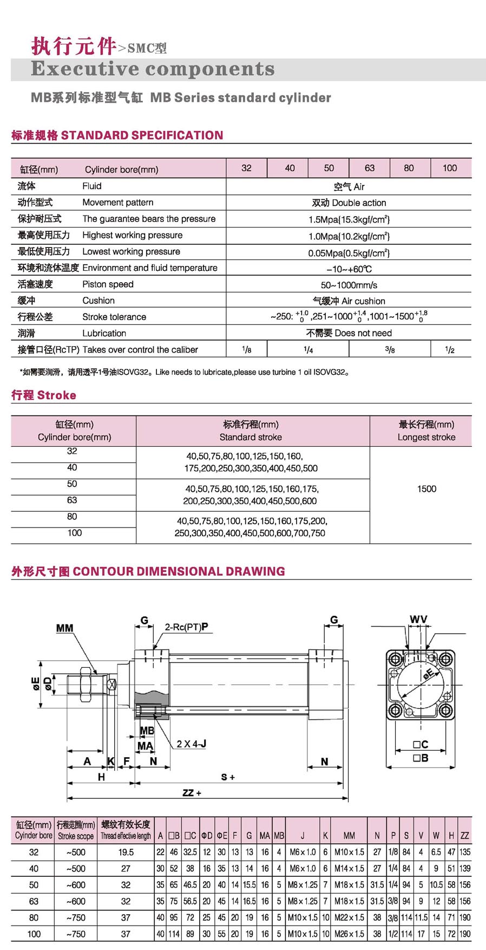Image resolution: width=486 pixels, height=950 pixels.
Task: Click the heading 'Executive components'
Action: [x=153, y=69]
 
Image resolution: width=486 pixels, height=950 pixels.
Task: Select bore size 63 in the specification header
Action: [x=370, y=168]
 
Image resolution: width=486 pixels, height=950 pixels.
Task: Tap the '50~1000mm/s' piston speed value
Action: [x=349, y=285]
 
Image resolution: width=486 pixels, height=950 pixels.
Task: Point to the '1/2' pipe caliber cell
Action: [x=450, y=350]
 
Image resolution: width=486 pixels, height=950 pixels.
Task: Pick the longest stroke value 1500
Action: [x=426, y=489]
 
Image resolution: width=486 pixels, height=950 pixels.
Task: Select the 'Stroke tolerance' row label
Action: [x=114, y=317]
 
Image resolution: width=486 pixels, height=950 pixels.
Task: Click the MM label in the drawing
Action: [x=64, y=628]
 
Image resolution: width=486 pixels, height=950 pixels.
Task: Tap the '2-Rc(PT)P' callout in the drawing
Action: [x=186, y=627]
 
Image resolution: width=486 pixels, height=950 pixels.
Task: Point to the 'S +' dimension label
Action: [x=228, y=777]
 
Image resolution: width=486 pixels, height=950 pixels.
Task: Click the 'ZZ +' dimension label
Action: [x=192, y=793]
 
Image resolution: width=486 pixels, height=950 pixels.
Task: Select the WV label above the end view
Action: [x=418, y=619]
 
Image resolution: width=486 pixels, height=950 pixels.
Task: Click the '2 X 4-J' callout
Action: [x=191, y=744]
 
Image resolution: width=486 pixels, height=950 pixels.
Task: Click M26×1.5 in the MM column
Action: [x=349, y=934]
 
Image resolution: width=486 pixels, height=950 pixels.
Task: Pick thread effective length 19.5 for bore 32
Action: [x=126, y=852]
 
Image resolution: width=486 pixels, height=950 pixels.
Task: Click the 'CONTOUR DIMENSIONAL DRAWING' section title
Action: [x=179, y=571]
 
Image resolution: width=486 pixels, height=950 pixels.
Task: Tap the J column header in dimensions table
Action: [x=303, y=836]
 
